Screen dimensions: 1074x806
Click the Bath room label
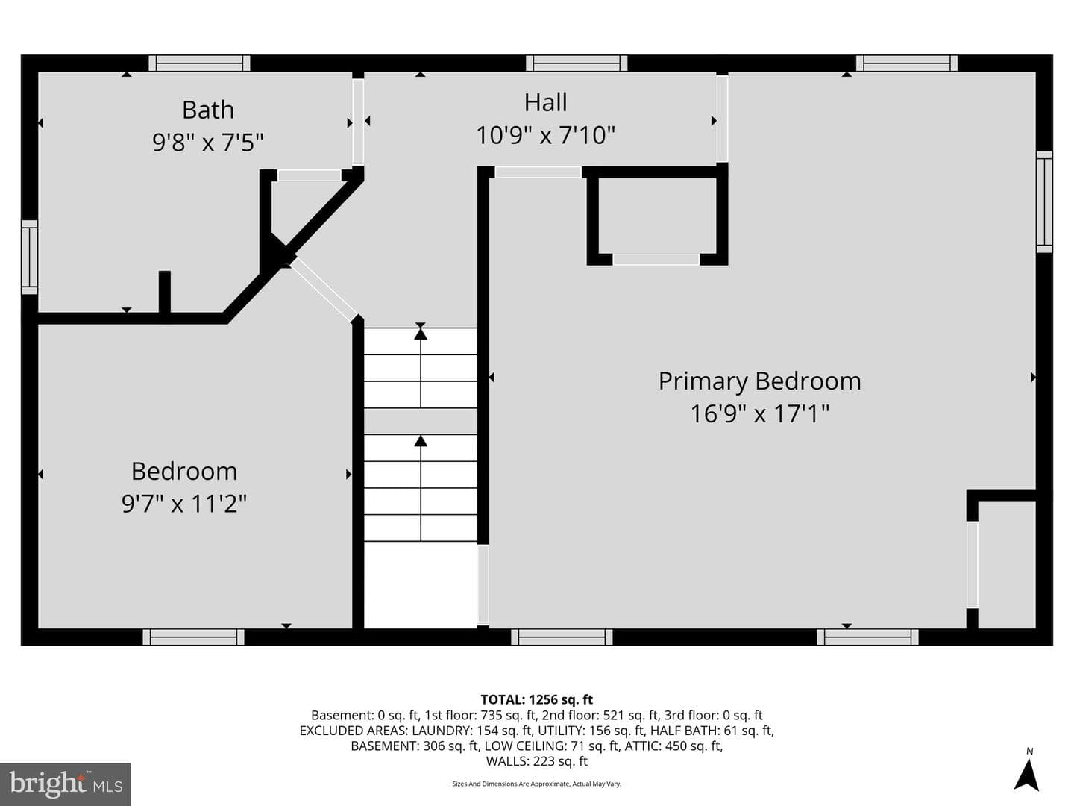208,110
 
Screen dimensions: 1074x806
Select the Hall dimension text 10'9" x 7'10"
545,135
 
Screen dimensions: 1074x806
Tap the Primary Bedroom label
759,381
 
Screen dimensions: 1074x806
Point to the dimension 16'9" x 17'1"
759,413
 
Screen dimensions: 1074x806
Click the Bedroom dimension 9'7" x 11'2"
184,503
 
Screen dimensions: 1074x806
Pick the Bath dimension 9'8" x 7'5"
208,143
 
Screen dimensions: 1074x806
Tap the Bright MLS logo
66,784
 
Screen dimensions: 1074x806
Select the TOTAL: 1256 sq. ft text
536,699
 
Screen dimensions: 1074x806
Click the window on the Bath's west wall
29,257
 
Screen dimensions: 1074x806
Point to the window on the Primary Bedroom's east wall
1044,201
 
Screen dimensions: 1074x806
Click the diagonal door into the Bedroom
324,290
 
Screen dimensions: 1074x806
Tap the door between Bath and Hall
358,122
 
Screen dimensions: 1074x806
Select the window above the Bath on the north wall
199,63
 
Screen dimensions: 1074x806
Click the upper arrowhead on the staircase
421,334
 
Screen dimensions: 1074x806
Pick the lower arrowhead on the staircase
421,441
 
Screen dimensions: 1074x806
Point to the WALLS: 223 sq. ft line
536,761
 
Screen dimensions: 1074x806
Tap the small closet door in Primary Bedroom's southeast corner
972,565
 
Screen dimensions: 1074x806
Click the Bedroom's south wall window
193,637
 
